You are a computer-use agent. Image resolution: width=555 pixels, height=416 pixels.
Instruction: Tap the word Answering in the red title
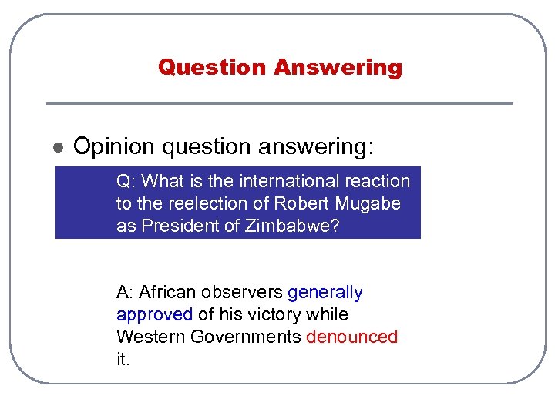[x=338, y=68]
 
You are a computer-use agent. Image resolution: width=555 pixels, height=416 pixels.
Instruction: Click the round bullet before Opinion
[x=57, y=147]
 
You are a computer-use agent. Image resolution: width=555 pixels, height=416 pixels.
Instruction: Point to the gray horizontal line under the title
[x=279, y=103]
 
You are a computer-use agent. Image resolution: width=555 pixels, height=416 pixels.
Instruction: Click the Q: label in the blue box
[x=126, y=182]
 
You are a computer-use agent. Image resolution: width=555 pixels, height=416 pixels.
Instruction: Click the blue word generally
[x=325, y=293]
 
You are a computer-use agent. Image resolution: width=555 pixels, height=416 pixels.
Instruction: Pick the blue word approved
[x=154, y=315]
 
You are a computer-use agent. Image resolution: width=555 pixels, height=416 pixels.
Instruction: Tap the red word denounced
[x=351, y=337]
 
